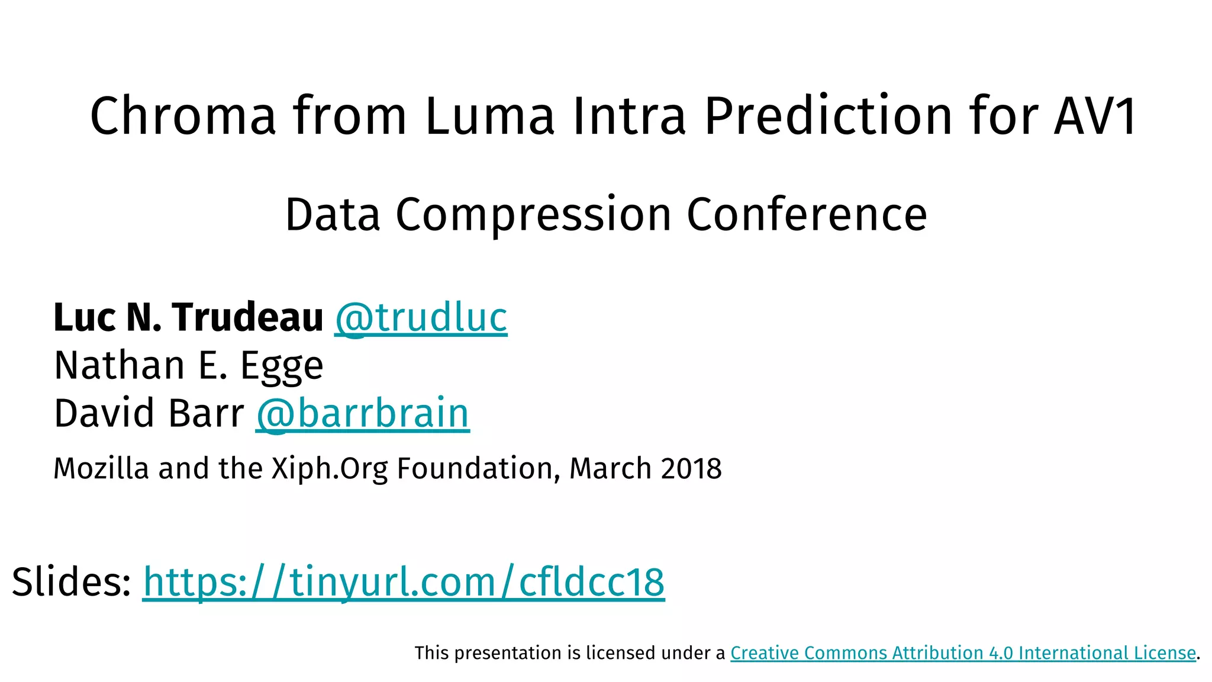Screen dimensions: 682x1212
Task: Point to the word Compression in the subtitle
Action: tap(533, 214)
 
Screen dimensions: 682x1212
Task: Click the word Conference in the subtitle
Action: tap(807, 214)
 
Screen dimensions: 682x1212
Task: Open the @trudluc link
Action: tap(421, 317)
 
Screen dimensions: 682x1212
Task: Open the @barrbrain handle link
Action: tap(363, 413)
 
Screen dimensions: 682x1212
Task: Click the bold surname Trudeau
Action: tap(247, 317)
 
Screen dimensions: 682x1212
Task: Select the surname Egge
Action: tap(282, 366)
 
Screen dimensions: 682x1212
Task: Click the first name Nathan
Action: tap(119, 365)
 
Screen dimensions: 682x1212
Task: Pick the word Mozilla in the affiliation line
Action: tap(101, 468)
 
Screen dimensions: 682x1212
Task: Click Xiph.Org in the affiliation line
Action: tap(330, 468)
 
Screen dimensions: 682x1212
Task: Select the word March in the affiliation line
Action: tap(610, 468)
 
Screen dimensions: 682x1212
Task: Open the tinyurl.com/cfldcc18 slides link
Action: tap(404, 582)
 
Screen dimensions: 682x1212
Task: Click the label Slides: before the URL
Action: tap(72, 582)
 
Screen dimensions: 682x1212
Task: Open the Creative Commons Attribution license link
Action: tap(963, 653)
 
